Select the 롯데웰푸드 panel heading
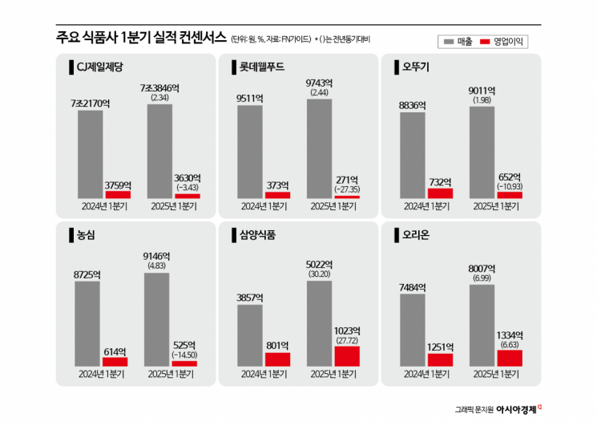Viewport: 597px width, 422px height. coord(261,66)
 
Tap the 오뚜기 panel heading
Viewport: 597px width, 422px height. coord(417,66)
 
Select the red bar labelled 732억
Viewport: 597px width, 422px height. coord(439,193)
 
